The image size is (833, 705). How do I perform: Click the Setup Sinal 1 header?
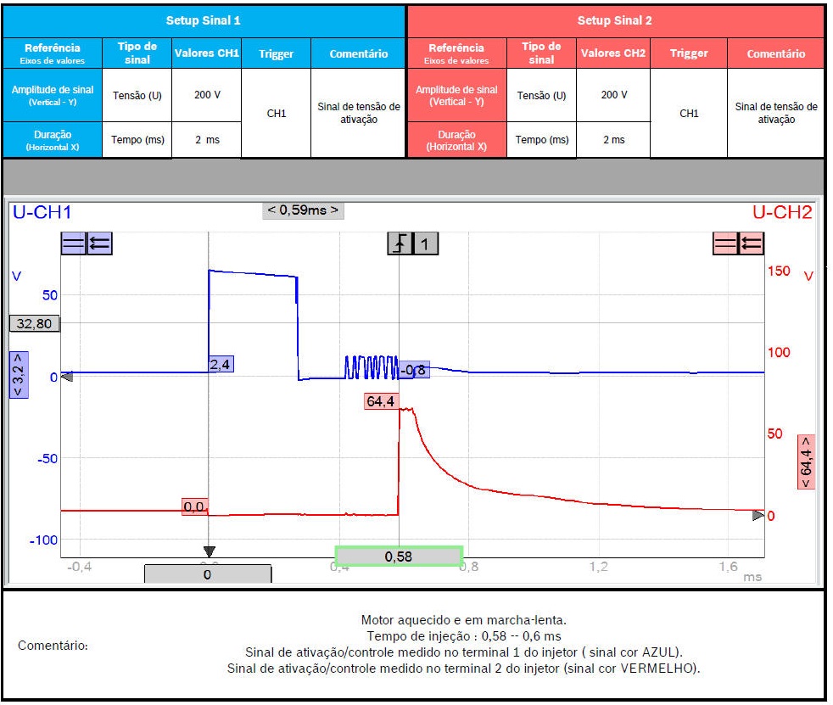pyautogui.click(x=203, y=20)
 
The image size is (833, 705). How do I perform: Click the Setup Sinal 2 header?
pyautogui.click(x=615, y=20)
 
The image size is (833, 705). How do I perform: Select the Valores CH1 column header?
pyautogui.click(x=207, y=53)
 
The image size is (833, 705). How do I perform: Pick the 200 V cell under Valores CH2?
pyautogui.click(x=613, y=94)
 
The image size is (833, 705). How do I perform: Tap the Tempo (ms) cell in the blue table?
pyautogui.click(x=137, y=140)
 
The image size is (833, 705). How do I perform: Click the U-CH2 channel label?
pyautogui.click(x=782, y=212)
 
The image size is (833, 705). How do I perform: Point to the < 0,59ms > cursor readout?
pyautogui.click(x=303, y=210)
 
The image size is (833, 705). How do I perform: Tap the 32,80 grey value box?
pyautogui.click(x=34, y=322)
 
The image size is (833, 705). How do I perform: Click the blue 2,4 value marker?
pyautogui.click(x=221, y=364)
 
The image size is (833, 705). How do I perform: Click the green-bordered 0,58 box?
pyautogui.click(x=399, y=557)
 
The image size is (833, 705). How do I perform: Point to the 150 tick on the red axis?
pyautogui.click(x=779, y=271)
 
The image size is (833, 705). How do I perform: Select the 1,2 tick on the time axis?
pyautogui.click(x=598, y=566)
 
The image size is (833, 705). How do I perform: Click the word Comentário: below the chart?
pyautogui.click(x=53, y=646)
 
